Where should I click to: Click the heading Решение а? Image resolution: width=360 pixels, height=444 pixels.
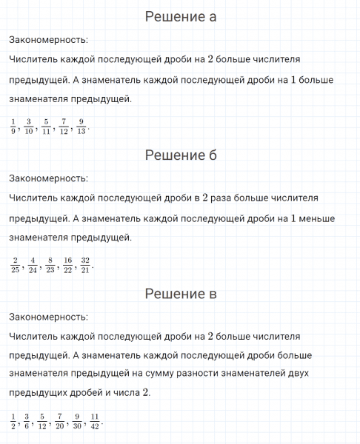point(180,16)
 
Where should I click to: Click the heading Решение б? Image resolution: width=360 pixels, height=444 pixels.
point(180,155)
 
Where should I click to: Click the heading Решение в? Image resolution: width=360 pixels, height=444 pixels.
point(180,294)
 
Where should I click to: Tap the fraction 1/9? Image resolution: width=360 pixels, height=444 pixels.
point(13,126)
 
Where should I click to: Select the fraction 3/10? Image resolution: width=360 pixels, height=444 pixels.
point(28,126)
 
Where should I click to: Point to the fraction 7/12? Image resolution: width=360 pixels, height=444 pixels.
point(64,126)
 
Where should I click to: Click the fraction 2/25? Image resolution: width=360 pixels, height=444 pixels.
point(16,264)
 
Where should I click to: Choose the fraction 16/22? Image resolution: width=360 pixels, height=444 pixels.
point(67,264)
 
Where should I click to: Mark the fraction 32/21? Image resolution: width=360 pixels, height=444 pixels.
point(85,264)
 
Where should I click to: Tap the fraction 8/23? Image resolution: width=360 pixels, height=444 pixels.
point(50,264)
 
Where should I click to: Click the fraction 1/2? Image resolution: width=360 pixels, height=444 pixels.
point(13,420)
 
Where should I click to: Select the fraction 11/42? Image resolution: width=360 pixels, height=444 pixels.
point(94,420)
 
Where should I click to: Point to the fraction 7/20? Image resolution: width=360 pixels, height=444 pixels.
point(59,420)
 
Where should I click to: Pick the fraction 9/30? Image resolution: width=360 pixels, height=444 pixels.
point(77,420)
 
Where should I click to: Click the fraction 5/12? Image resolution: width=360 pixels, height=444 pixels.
point(42,420)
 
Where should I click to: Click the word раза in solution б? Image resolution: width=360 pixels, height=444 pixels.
point(221,198)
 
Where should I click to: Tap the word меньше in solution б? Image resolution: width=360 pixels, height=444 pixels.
point(317,218)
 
